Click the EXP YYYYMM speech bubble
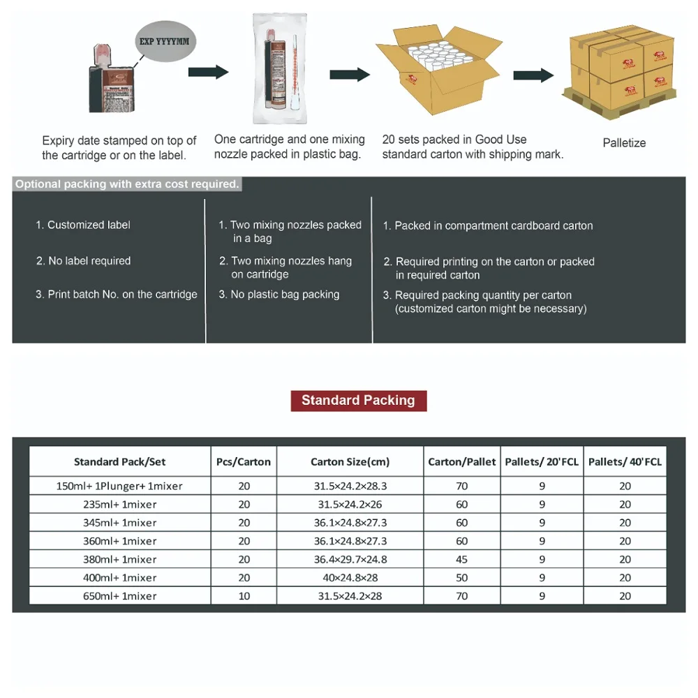click(164, 42)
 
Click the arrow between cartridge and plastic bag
click(209, 72)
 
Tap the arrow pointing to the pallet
click(533, 75)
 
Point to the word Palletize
click(624, 143)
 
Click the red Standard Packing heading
click(358, 401)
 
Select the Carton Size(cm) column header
click(350, 462)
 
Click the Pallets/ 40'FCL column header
click(625, 462)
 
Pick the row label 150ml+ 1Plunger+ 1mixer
click(120, 487)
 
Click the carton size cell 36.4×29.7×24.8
click(350, 559)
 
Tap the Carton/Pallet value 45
click(462, 559)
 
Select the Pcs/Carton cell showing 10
click(244, 596)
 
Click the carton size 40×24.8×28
click(350, 578)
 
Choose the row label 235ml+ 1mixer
click(120, 505)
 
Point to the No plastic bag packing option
click(284, 295)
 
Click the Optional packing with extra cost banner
click(128, 185)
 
